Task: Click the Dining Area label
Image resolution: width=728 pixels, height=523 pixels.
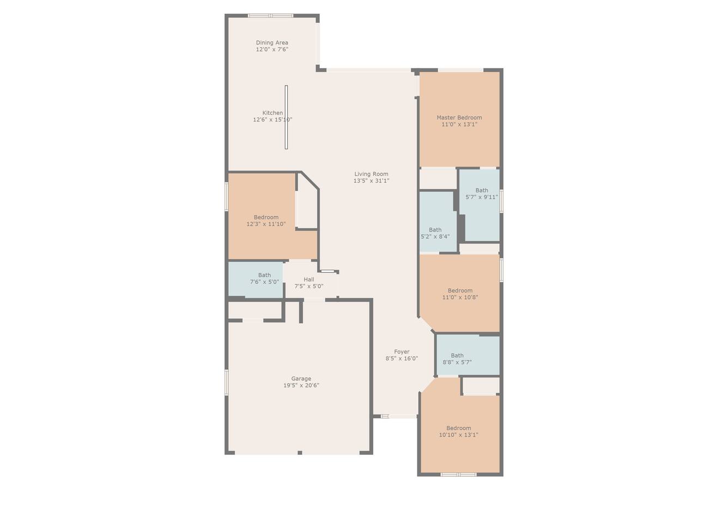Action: (272, 42)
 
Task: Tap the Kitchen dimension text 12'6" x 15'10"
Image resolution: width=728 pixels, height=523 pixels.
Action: (272, 119)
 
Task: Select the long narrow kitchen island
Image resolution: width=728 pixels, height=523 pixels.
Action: (286, 117)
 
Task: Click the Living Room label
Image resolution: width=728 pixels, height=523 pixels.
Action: (371, 174)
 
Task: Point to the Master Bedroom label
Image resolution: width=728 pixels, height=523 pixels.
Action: (459, 117)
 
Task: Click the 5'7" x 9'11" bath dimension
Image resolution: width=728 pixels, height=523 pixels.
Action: (482, 197)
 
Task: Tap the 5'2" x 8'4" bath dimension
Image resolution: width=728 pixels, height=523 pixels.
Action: (435, 236)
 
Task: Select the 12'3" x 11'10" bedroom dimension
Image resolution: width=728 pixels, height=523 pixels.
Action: (266, 224)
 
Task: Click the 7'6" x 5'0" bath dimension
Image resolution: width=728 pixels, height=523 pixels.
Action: (264, 282)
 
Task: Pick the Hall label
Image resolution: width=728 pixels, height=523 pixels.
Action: (309, 279)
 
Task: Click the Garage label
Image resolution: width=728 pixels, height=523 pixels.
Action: (301, 379)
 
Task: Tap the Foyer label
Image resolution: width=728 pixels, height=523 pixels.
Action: (402, 351)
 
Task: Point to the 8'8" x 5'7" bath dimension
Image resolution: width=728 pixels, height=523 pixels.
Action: (457, 362)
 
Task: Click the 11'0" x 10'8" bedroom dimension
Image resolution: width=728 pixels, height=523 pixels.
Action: (460, 297)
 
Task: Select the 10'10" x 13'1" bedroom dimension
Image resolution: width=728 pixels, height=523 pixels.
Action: (459, 435)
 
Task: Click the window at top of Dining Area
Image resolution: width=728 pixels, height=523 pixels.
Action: (271, 16)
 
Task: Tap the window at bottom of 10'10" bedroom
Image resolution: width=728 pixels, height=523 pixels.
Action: (459, 475)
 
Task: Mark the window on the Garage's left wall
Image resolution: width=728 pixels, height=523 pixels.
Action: (227, 382)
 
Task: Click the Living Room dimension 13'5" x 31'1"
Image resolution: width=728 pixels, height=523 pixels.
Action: (371, 181)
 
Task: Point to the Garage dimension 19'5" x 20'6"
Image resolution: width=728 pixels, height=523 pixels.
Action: (301, 385)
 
